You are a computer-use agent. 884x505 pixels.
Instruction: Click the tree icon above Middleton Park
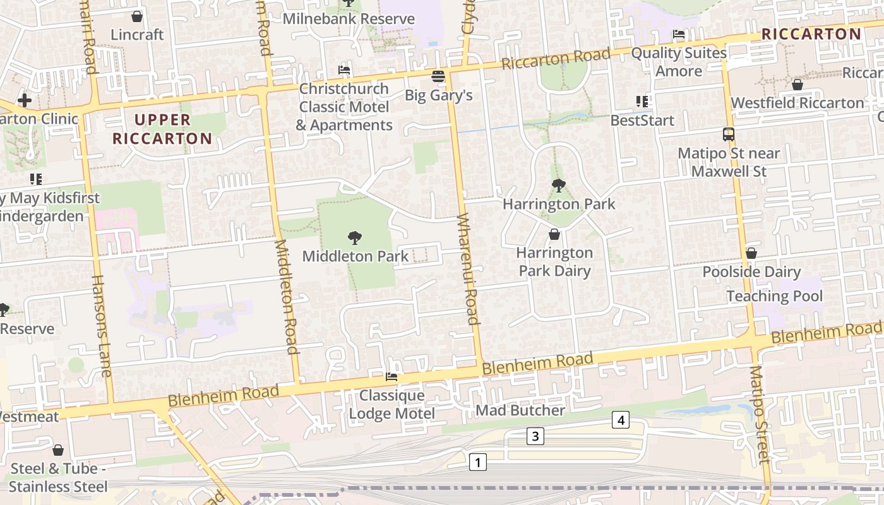pos(355,238)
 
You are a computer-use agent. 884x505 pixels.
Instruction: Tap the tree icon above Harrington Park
pos(558,186)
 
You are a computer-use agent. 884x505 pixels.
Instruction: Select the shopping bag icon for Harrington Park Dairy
pos(554,234)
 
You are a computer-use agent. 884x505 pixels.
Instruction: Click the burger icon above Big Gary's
pos(438,77)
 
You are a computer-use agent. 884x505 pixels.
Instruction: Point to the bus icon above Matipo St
pos(729,134)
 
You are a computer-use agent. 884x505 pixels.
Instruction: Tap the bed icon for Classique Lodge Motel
pos(391,377)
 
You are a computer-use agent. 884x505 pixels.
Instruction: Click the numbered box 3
pos(535,436)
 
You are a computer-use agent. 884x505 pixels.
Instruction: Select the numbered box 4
pos(621,420)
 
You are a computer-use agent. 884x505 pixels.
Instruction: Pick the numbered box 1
pos(478,462)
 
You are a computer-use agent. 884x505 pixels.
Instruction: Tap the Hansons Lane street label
pos(101,325)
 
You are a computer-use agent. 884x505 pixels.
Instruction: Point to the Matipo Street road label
pos(760,413)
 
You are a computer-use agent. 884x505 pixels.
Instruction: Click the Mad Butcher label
pos(520,410)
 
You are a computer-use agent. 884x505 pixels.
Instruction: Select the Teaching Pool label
pos(775,296)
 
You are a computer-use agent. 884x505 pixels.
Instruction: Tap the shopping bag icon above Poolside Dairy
pos(751,253)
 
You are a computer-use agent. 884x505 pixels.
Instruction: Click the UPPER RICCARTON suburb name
pos(162,129)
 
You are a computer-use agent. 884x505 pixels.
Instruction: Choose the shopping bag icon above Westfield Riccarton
pos(797,84)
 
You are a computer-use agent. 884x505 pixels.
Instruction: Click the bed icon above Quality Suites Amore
pos(679,34)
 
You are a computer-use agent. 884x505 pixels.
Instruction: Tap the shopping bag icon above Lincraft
pos(137,16)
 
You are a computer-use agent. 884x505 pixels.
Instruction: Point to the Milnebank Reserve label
pos(349,19)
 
